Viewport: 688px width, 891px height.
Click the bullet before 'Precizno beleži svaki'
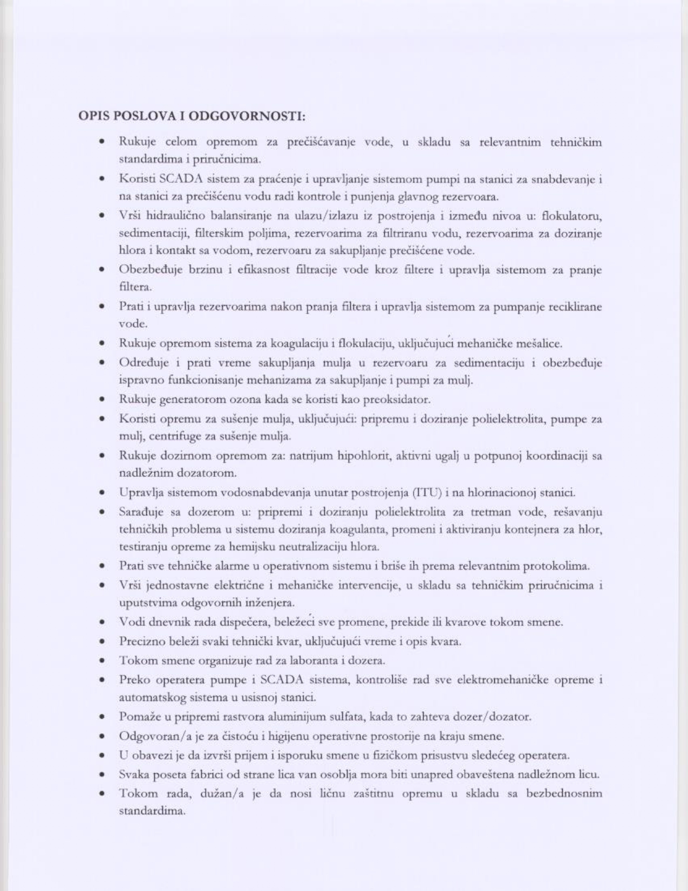pyautogui.click(x=102, y=642)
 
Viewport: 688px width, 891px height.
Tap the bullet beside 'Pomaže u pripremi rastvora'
pyautogui.click(x=102, y=717)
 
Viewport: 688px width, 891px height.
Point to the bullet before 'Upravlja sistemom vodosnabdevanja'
pyautogui.click(x=102, y=492)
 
